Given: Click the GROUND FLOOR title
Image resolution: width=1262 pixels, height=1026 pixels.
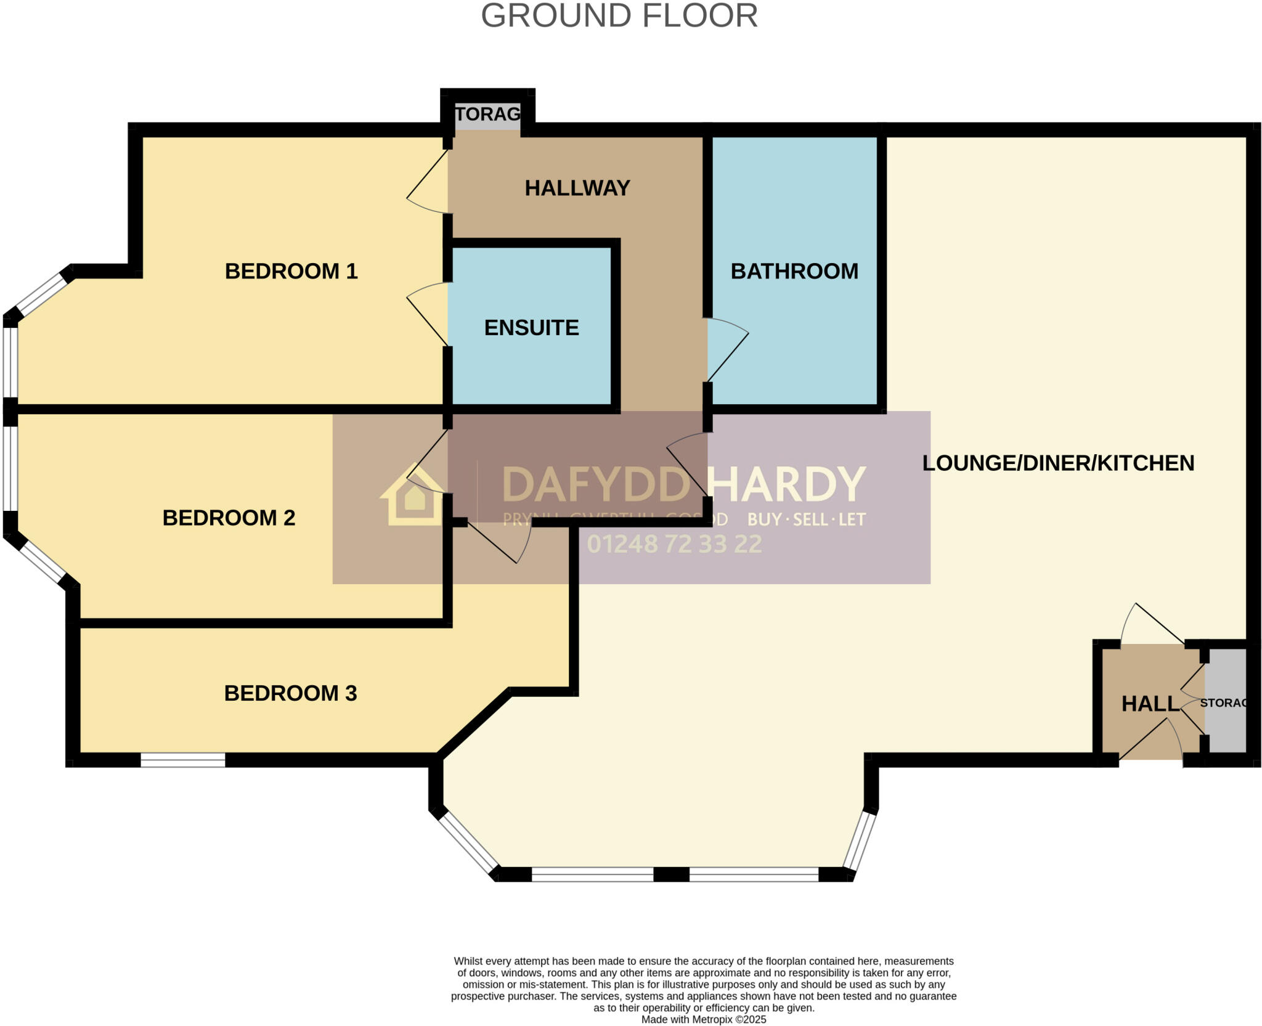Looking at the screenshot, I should [619, 16].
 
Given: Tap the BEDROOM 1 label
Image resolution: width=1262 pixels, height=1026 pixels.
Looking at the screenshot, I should [291, 271].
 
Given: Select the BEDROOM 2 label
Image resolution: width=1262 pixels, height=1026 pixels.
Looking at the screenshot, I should [229, 518].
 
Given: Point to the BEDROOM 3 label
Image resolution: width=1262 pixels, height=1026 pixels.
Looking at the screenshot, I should [290, 693].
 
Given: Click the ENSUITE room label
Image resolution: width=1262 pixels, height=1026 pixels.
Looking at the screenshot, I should [531, 327].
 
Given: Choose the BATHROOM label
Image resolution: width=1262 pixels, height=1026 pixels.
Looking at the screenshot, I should [794, 271].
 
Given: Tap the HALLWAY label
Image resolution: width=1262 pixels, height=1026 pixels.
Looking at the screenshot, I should [577, 188].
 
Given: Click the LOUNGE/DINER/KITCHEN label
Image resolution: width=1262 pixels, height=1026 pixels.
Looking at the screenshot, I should [1057, 463].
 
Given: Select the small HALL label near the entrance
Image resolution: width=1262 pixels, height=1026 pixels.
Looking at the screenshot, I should [1150, 704].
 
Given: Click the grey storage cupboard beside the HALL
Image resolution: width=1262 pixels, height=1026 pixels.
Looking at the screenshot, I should [1225, 702].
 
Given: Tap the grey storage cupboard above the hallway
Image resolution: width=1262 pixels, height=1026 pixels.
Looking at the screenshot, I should [487, 115].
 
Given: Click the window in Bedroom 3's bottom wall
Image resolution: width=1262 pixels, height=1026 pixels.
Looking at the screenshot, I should [182, 760].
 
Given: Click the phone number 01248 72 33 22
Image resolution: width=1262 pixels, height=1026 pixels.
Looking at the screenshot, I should [674, 544].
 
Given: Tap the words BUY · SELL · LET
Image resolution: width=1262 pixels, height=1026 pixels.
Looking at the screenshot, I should [806, 519].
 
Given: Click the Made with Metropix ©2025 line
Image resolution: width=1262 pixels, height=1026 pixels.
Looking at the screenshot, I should [704, 1019].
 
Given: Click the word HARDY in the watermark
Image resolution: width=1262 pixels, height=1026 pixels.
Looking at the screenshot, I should [786, 485].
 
